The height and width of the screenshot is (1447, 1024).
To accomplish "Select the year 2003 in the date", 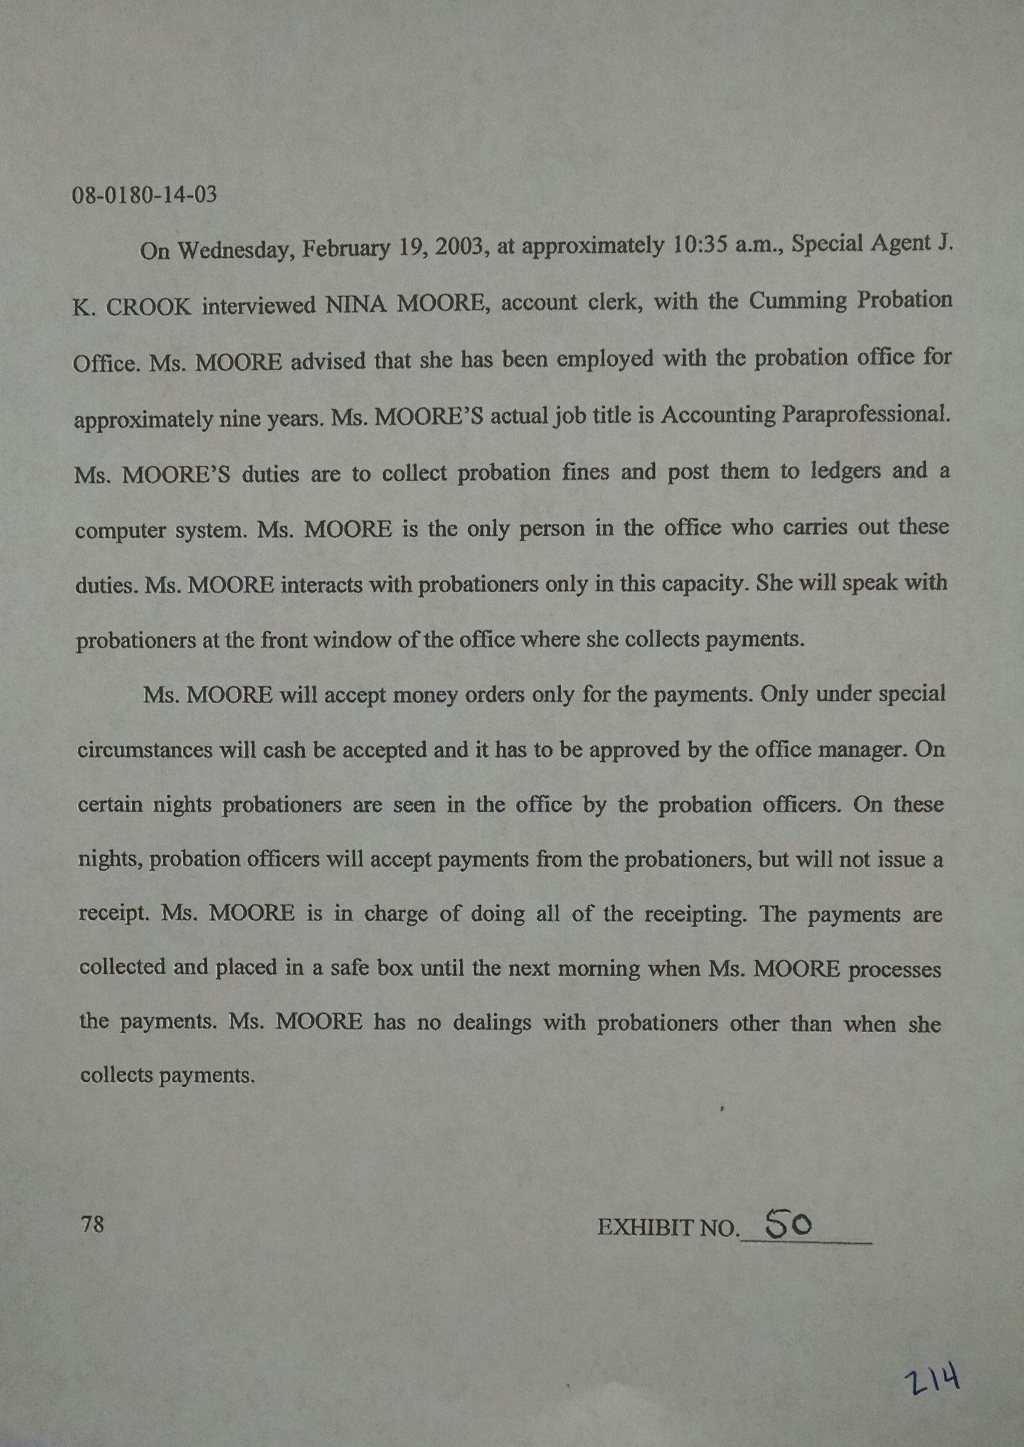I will (x=459, y=246).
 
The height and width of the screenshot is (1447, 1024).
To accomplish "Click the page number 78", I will (x=92, y=1224).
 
